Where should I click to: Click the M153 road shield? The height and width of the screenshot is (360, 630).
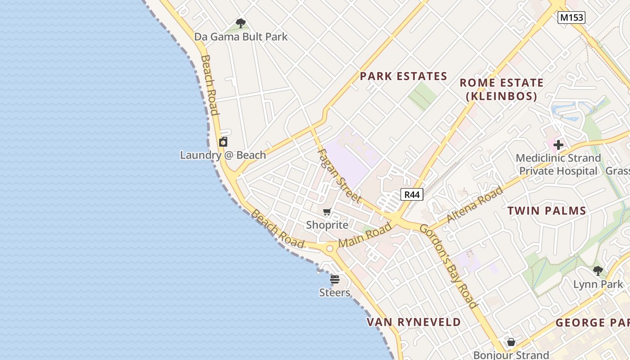pyautogui.click(x=571, y=18)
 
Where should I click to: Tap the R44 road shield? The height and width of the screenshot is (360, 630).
pyautogui.click(x=412, y=194)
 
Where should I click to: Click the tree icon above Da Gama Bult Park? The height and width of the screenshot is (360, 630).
pyautogui.click(x=241, y=23)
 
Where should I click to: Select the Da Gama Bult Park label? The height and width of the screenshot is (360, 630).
pyautogui.click(x=241, y=37)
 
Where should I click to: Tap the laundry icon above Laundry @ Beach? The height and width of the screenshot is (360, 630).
pyautogui.click(x=223, y=142)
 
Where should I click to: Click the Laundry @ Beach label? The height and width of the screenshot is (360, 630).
pyautogui.click(x=223, y=155)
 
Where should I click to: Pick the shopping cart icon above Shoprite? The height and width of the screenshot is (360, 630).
pyautogui.click(x=327, y=212)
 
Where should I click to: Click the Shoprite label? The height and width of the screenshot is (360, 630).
pyautogui.click(x=327, y=225)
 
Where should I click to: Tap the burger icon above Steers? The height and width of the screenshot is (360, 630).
pyautogui.click(x=334, y=279)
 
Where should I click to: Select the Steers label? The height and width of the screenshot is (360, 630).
pyautogui.click(x=334, y=292)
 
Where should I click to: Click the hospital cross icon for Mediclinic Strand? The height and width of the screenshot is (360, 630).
pyautogui.click(x=558, y=145)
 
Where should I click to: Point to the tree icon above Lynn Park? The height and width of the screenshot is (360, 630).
pyautogui.click(x=598, y=271)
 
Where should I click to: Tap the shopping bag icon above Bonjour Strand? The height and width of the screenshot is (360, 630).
pyautogui.click(x=511, y=342)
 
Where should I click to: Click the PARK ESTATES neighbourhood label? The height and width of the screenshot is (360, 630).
pyautogui.click(x=403, y=76)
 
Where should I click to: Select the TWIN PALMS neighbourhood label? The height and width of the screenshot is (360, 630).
pyautogui.click(x=547, y=211)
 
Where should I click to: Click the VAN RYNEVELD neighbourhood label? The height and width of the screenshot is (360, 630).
pyautogui.click(x=414, y=322)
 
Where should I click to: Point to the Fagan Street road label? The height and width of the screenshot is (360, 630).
pyautogui.click(x=339, y=175)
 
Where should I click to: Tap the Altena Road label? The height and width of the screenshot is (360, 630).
pyautogui.click(x=475, y=205)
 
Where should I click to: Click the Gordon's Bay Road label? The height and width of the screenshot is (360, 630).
pyautogui.click(x=448, y=265)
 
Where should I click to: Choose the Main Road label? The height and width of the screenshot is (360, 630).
pyautogui.click(x=365, y=235)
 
